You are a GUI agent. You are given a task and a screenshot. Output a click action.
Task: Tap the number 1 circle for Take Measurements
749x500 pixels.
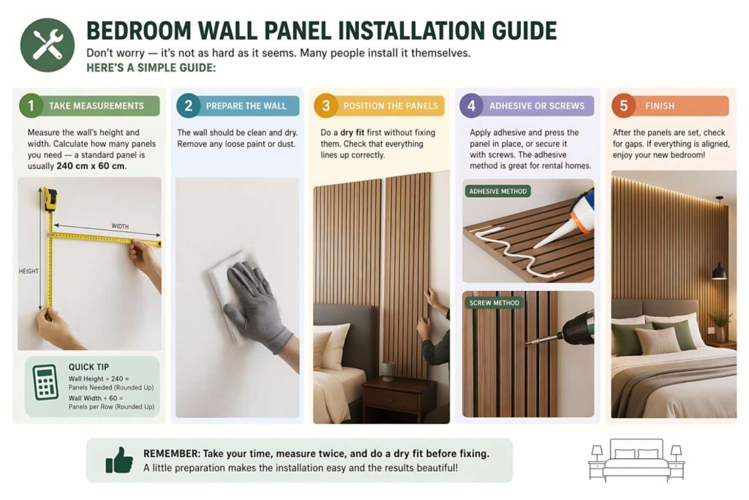point(31,105)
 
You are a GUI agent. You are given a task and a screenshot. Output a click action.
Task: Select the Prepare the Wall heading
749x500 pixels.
point(246,105)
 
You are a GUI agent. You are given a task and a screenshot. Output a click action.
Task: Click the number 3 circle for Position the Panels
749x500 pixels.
point(326,105)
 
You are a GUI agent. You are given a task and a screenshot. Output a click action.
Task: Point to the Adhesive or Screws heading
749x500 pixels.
point(537,105)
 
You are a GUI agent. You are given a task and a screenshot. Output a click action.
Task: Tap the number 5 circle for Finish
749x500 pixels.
point(623,105)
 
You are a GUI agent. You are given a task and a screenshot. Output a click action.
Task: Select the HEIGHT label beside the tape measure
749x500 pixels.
point(29,272)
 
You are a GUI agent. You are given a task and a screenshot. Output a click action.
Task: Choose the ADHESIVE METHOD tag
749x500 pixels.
point(497,192)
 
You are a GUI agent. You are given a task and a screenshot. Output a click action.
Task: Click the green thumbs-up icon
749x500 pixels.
point(118,460)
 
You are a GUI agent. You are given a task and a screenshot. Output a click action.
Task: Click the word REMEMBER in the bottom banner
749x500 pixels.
point(171,453)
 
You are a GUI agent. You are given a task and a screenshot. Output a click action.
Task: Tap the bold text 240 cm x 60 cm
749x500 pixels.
point(91,166)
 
